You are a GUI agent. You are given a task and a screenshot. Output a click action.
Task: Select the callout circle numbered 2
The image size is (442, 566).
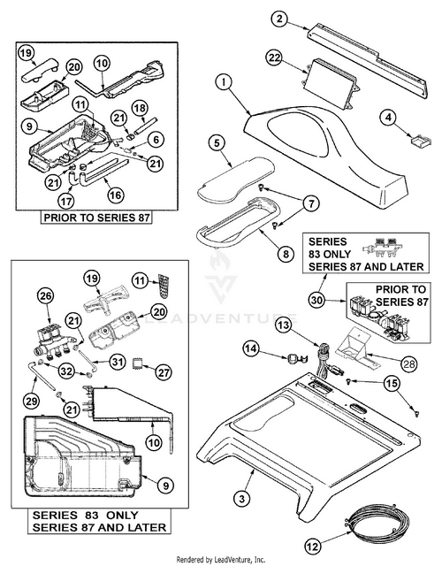pyautogui.click(x=279, y=19)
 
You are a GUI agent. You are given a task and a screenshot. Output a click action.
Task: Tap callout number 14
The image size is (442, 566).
pyautogui.click(x=251, y=349)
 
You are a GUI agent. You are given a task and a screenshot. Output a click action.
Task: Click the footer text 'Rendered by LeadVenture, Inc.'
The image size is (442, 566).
pyautogui.click(x=221, y=560)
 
